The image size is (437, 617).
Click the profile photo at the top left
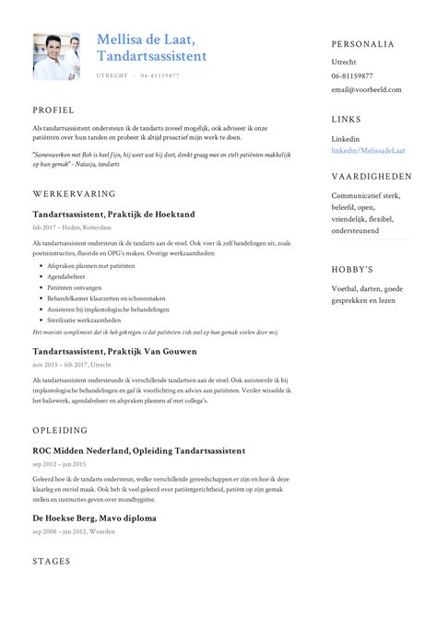[56, 57]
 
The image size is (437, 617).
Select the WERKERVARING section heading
[74, 194]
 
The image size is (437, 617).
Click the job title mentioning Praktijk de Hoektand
[113, 215]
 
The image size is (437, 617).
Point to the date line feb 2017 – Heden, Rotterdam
[72, 227]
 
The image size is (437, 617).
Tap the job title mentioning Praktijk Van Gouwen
[114, 351]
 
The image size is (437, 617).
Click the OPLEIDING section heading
[60, 430]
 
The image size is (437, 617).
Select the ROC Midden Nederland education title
[138, 450]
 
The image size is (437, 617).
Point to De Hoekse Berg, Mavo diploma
[94, 518]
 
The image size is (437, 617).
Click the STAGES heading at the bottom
[52, 560]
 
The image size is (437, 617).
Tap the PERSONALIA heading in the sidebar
[363, 44]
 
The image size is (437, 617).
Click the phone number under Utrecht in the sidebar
[352, 76]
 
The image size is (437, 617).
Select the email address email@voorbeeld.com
[368, 90]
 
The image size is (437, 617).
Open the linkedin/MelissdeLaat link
[368, 150]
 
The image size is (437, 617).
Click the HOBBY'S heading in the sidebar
[352, 270]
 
